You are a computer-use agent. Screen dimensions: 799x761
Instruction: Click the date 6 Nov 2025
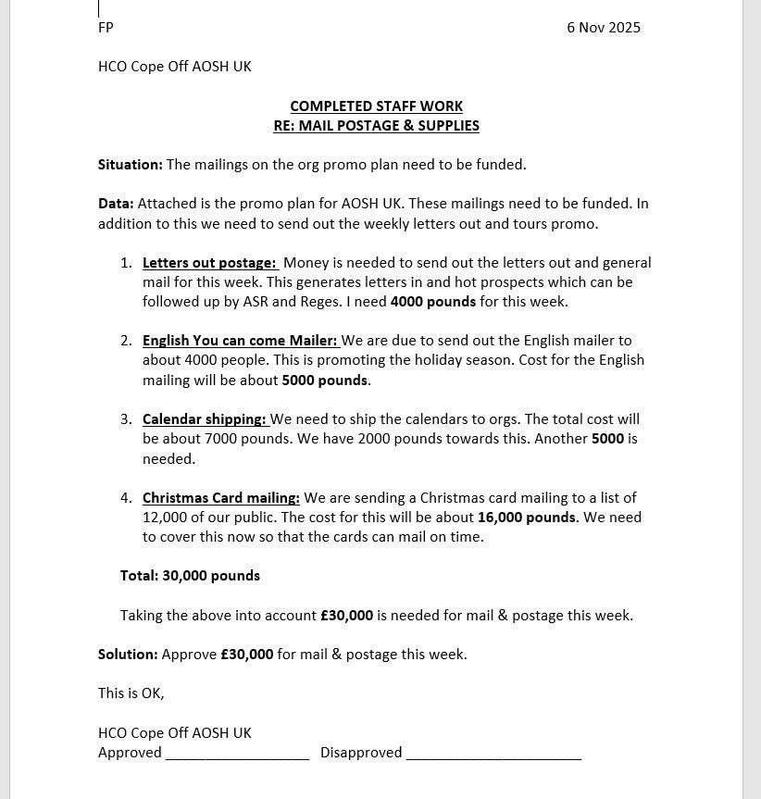(x=603, y=28)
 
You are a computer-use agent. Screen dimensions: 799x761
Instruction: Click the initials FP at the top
(x=106, y=28)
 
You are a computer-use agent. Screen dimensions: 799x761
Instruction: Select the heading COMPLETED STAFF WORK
(x=376, y=106)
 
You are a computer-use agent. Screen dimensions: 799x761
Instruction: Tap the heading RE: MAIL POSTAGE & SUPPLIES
(x=376, y=126)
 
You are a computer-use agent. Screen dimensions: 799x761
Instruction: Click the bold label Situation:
(x=130, y=165)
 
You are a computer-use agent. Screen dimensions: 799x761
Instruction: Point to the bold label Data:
(x=116, y=204)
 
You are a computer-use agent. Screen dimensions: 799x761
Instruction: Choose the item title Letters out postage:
(x=209, y=263)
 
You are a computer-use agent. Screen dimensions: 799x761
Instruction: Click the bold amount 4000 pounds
(x=432, y=302)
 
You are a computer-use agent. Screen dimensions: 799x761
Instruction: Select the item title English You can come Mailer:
(x=239, y=341)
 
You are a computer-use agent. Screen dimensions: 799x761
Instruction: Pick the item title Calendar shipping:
(x=204, y=419)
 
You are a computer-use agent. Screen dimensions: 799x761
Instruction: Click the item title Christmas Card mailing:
(x=220, y=498)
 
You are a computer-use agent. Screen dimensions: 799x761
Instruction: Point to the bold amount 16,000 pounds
(x=526, y=518)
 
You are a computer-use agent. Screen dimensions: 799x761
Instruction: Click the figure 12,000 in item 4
(x=164, y=518)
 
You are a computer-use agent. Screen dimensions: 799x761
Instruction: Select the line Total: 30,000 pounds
(x=190, y=576)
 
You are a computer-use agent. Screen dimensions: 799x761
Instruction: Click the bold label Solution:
(x=128, y=655)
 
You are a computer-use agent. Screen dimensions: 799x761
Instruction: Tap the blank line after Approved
(x=237, y=754)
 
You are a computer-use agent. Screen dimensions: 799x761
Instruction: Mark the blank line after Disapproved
(x=493, y=754)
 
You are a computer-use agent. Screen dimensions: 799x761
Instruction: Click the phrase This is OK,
(x=131, y=693)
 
